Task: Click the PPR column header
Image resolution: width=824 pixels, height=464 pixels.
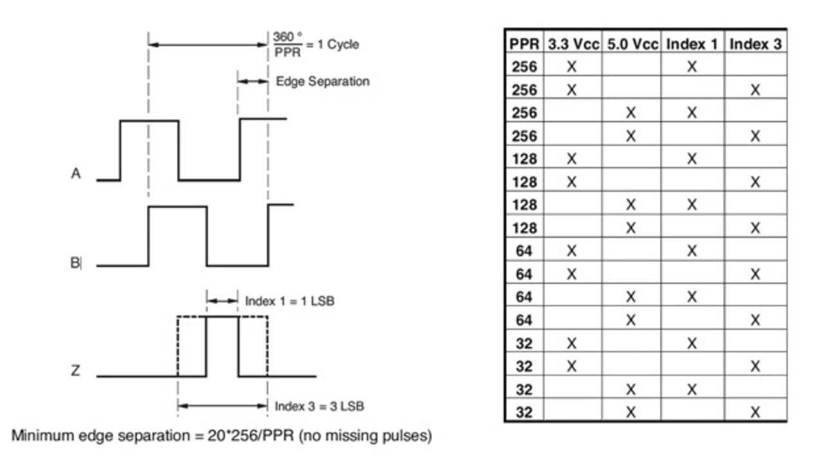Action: tap(524, 44)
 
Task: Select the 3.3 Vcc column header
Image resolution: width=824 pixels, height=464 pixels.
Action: tap(573, 44)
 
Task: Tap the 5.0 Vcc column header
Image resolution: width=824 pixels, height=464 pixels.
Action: tap(632, 44)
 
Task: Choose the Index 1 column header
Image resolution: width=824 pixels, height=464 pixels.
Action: tap(692, 44)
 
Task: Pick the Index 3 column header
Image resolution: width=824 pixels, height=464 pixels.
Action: tap(756, 44)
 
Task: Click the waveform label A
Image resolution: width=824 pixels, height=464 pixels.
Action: tap(76, 174)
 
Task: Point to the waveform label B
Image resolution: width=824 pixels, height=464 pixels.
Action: tap(75, 263)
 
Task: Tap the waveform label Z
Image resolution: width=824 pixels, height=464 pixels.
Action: tap(75, 370)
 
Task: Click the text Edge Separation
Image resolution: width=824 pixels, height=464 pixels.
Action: tap(323, 82)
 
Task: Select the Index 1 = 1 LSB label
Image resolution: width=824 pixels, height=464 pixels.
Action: tap(290, 301)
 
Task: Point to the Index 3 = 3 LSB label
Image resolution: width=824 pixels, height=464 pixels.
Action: tap(319, 406)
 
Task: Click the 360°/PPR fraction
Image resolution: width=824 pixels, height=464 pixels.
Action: tap(288, 44)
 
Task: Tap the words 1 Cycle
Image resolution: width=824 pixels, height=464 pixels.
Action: tap(338, 44)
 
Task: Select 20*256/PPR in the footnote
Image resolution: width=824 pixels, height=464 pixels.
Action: tap(251, 436)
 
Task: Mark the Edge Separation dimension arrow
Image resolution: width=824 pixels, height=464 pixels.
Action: tap(253, 81)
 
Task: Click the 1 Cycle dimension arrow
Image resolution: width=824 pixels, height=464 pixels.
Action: tap(208, 45)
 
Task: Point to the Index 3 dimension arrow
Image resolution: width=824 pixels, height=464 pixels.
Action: tap(223, 406)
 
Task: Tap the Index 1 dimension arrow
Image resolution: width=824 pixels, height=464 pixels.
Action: tap(222, 301)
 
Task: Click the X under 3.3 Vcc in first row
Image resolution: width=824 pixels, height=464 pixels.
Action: tap(572, 66)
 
